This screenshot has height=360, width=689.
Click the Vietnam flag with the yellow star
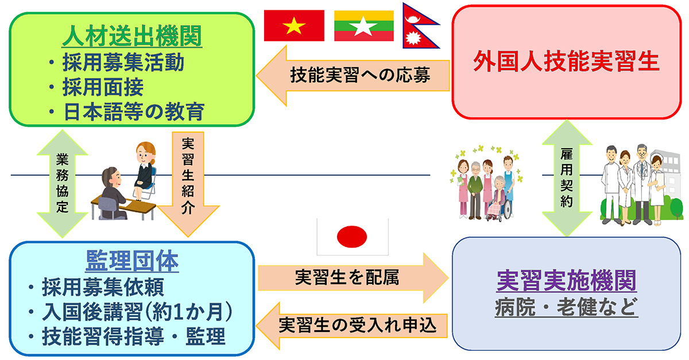coord(294,25)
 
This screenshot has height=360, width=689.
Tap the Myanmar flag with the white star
coord(364,25)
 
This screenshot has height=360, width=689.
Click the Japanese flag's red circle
coord(352,237)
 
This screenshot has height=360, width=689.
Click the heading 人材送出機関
coord(132,36)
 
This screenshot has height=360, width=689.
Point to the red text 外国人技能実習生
coord(566,61)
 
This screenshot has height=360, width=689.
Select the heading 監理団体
coord(132,261)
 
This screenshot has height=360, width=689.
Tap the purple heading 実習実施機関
coord(566,280)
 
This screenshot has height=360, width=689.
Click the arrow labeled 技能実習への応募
coord(353,76)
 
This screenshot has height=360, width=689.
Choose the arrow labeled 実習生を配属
coord(353,278)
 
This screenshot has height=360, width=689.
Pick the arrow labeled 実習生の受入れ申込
coord(351,326)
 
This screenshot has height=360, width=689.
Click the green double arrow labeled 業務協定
coord(62,184)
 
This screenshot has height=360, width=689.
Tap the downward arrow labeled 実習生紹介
coord(188,184)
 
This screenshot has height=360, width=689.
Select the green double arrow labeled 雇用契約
coord(567,178)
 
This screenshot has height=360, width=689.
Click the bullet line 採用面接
coord(96,87)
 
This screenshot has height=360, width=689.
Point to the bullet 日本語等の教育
coord(126,111)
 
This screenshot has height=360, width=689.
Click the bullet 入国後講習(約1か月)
coord(130,311)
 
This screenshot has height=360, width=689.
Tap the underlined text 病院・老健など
coord(566,307)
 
